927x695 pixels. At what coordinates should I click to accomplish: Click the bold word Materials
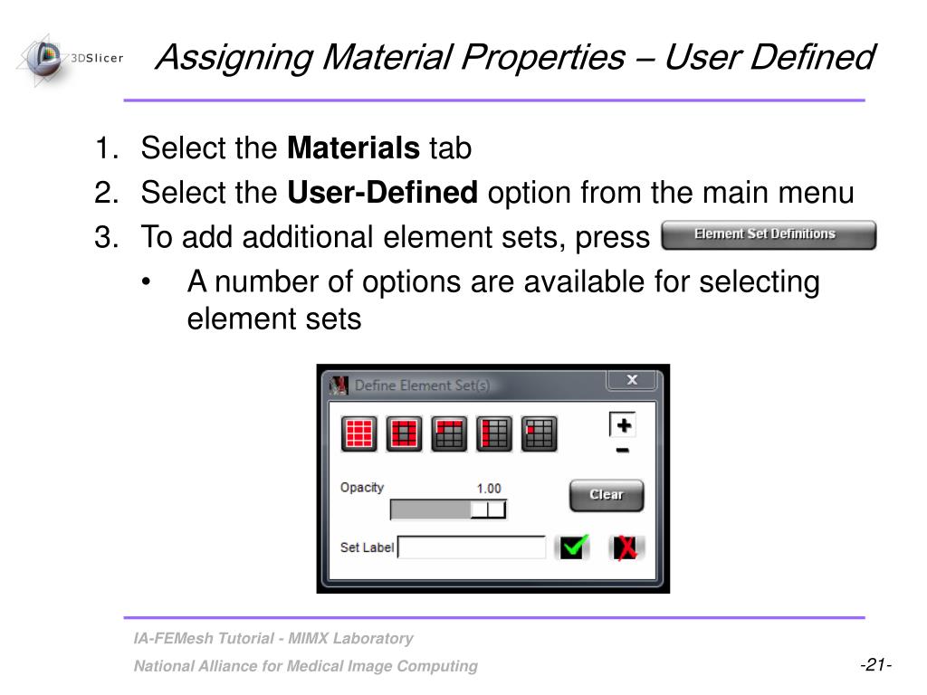pos(353,148)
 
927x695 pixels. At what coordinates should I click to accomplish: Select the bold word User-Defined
pos(382,193)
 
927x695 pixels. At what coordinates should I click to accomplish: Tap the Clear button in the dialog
pos(606,495)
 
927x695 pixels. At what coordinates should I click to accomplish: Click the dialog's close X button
pos(632,380)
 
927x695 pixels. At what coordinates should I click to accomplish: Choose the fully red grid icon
pos(359,434)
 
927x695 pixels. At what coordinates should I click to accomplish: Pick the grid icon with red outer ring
pos(404,434)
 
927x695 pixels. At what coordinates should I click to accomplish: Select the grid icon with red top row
pos(449,434)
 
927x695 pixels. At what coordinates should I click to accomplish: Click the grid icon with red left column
pos(494,434)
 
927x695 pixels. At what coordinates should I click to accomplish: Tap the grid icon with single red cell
pos(540,434)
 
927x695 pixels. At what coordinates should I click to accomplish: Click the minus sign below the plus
pos(623,451)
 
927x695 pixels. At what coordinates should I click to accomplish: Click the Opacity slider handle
pos(488,509)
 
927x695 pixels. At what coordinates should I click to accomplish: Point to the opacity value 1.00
pos(489,489)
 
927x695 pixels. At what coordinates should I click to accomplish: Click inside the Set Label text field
pos(472,547)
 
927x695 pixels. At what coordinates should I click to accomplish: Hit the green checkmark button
pos(573,547)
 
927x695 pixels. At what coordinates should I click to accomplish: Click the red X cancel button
pos(625,547)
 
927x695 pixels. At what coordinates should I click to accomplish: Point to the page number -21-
pos(875,665)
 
